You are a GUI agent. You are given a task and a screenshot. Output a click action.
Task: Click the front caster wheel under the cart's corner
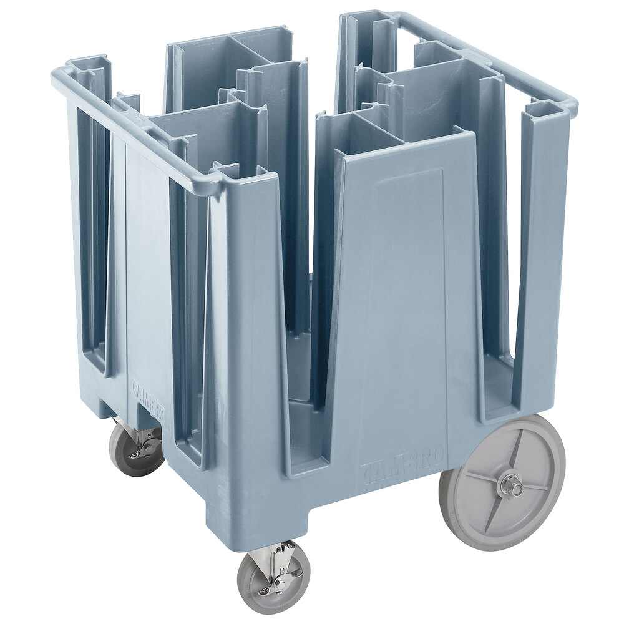tap(272, 577)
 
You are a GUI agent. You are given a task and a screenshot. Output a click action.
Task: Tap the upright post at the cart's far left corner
tap(87, 218)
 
